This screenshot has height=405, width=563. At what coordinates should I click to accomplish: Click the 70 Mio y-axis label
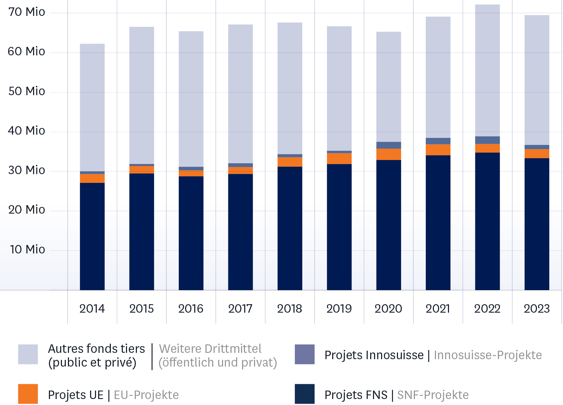click(x=27, y=12)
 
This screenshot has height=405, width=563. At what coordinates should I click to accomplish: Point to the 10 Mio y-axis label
click(x=27, y=250)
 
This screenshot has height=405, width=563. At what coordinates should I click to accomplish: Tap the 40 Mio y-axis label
click(x=27, y=131)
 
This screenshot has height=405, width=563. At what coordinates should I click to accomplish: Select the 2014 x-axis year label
click(x=92, y=309)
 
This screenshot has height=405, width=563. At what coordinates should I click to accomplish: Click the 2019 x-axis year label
click(x=339, y=309)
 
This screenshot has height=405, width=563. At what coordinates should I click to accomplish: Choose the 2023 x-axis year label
click(x=537, y=309)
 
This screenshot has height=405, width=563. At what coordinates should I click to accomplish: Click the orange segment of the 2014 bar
click(x=92, y=178)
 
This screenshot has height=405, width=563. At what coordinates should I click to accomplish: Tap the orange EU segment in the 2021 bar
click(x=438, y=150)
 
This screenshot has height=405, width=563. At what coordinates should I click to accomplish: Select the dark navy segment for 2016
click(x=191, y=233)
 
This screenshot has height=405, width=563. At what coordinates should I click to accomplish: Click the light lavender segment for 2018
click(x=290, y=88)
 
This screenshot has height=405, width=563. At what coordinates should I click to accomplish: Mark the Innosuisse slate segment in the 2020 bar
click(x=388, y=145)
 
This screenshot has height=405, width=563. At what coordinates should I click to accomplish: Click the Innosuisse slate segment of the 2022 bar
click(x=487, y=140)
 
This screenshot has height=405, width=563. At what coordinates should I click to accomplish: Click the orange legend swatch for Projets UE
click(x=28, y=394)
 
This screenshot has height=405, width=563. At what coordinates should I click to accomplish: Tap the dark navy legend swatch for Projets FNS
click(x=305, y=394)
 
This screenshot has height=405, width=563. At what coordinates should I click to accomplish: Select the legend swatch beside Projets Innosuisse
click(x=305, y=354)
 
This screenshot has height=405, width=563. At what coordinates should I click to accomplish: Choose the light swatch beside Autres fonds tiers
click(x=28, y=354)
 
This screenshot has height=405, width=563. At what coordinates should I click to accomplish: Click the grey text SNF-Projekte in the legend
click(x=433, y=395)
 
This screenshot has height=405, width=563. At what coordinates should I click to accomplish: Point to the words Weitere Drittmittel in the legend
click(x=210, y=349)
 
